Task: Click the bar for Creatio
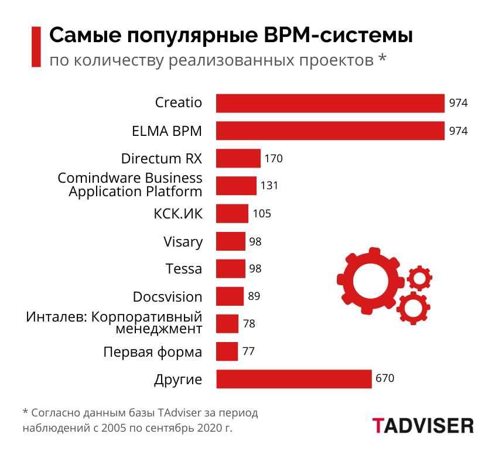pos(330,103)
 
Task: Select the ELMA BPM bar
pos(330,131)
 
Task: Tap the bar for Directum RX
pos(238,158)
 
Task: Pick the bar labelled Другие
pos(294,379)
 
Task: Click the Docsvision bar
pos(230,296)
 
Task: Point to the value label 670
pos(385,378)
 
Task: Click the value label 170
pos(274,158)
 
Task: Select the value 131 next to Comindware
pos(269,186)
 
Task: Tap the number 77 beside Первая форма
pos(249,351)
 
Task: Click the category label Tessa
pos(184,269)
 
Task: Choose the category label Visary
pos(183,241)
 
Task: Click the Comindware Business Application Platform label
pos(130,184)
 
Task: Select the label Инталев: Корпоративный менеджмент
pos(114,322)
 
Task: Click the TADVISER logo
pos(422,425)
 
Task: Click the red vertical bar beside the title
pos(36,47)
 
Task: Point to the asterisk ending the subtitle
pos(382,59)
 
